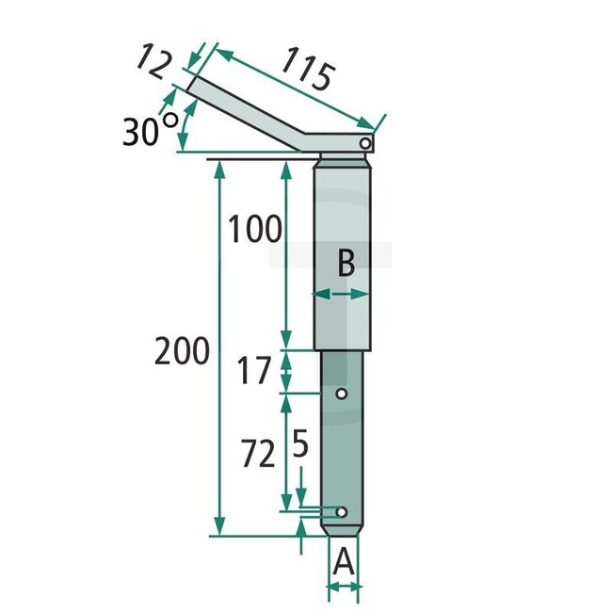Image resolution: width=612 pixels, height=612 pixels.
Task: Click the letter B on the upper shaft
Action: point(346,263)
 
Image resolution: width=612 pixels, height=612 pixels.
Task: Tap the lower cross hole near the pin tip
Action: point(342,511)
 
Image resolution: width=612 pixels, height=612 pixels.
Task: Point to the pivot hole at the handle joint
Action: point(365,141)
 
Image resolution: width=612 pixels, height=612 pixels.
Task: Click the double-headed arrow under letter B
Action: point(341,295)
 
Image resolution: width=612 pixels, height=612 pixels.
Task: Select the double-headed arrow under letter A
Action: point(345,588)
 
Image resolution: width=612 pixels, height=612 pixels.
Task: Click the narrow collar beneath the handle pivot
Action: point(345,157)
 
